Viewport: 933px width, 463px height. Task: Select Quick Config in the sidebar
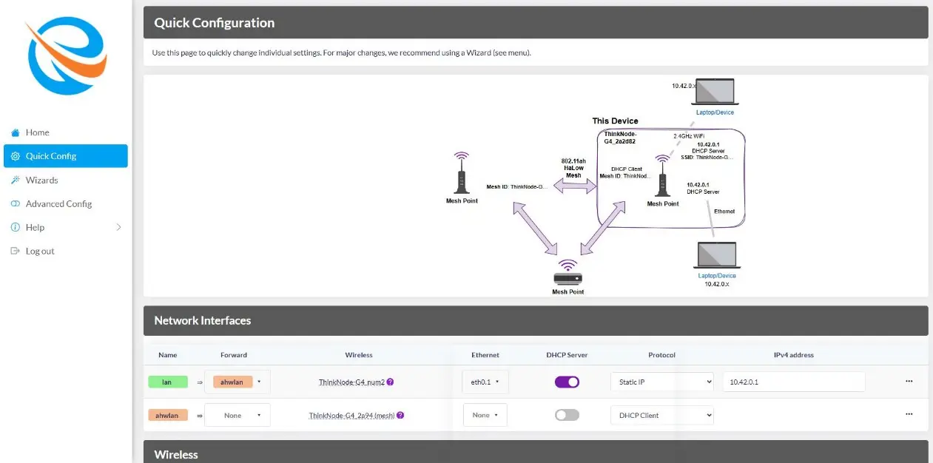pyautogui.click(x=65, y=156)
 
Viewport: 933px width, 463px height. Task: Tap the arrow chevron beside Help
pyautogui.click(x=118, y=227)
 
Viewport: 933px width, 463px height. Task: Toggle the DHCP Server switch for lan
pyautogui.click(x=567, y=382)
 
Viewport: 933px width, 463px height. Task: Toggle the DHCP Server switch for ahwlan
pyautogui.click(x=567, y=415)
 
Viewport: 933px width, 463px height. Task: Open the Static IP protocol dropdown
pyautogui.click(x=662, y=382)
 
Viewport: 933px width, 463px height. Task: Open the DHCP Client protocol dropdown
pyautogui.click(x=662, y=415)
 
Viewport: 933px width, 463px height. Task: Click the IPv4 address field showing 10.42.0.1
pyautogui.click(x=794, y=382)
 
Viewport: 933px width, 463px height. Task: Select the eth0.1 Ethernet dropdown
pyautogui.click(x=485, y=382)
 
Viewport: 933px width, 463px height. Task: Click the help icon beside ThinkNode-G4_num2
pyautogui.click(x=390, y=382)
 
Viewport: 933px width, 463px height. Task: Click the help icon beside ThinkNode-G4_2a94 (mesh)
pyautogui.click(x=400, y=415)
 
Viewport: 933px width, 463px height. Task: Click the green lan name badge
pyautogui.click(x=168, y=382)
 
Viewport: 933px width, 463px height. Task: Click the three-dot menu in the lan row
pyautogui.click(x=909, y=381)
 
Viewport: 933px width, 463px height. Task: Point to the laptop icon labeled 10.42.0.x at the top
pyautogui.click(x=715, y=92)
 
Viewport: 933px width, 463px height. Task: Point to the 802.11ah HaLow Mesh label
pyautogui.click(x=573, y=168)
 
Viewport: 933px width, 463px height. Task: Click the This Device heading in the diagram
pyautogui.click(x=615, y=121)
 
